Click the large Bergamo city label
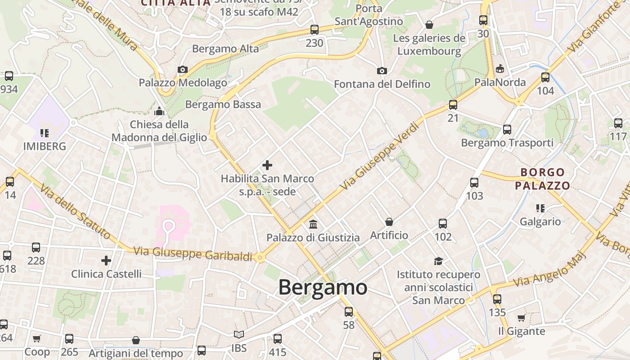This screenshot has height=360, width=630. [x=323, y=287]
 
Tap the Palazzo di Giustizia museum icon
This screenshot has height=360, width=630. [x=313, y=224]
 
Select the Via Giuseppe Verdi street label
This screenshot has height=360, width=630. [x=381, y=156]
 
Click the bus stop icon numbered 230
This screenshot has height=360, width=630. [x=315, y=30]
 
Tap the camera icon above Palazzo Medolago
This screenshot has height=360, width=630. [x=182, y=69]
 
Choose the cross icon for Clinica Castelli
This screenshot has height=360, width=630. [x=106, y=261]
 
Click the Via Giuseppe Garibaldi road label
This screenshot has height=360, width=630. [x=193, y=254]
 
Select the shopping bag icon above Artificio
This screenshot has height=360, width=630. [x=389, y=222]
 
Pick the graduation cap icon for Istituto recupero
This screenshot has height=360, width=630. [x=438, y=261]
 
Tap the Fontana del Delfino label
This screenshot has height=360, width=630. [x=382, y=84]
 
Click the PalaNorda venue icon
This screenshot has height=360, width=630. [x=500, y=69]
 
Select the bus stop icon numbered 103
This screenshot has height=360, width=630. [x=474, y=183]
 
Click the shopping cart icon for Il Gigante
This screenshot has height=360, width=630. [x=521, y=318]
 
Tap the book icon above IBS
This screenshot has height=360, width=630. [x=239, y=335]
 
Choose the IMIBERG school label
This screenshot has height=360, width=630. [x=45, y=146]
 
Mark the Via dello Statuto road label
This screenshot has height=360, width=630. [x=75, y=212]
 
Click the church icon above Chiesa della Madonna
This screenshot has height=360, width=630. [x=159, y=111]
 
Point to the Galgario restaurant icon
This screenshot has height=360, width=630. [x=540, y=208]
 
